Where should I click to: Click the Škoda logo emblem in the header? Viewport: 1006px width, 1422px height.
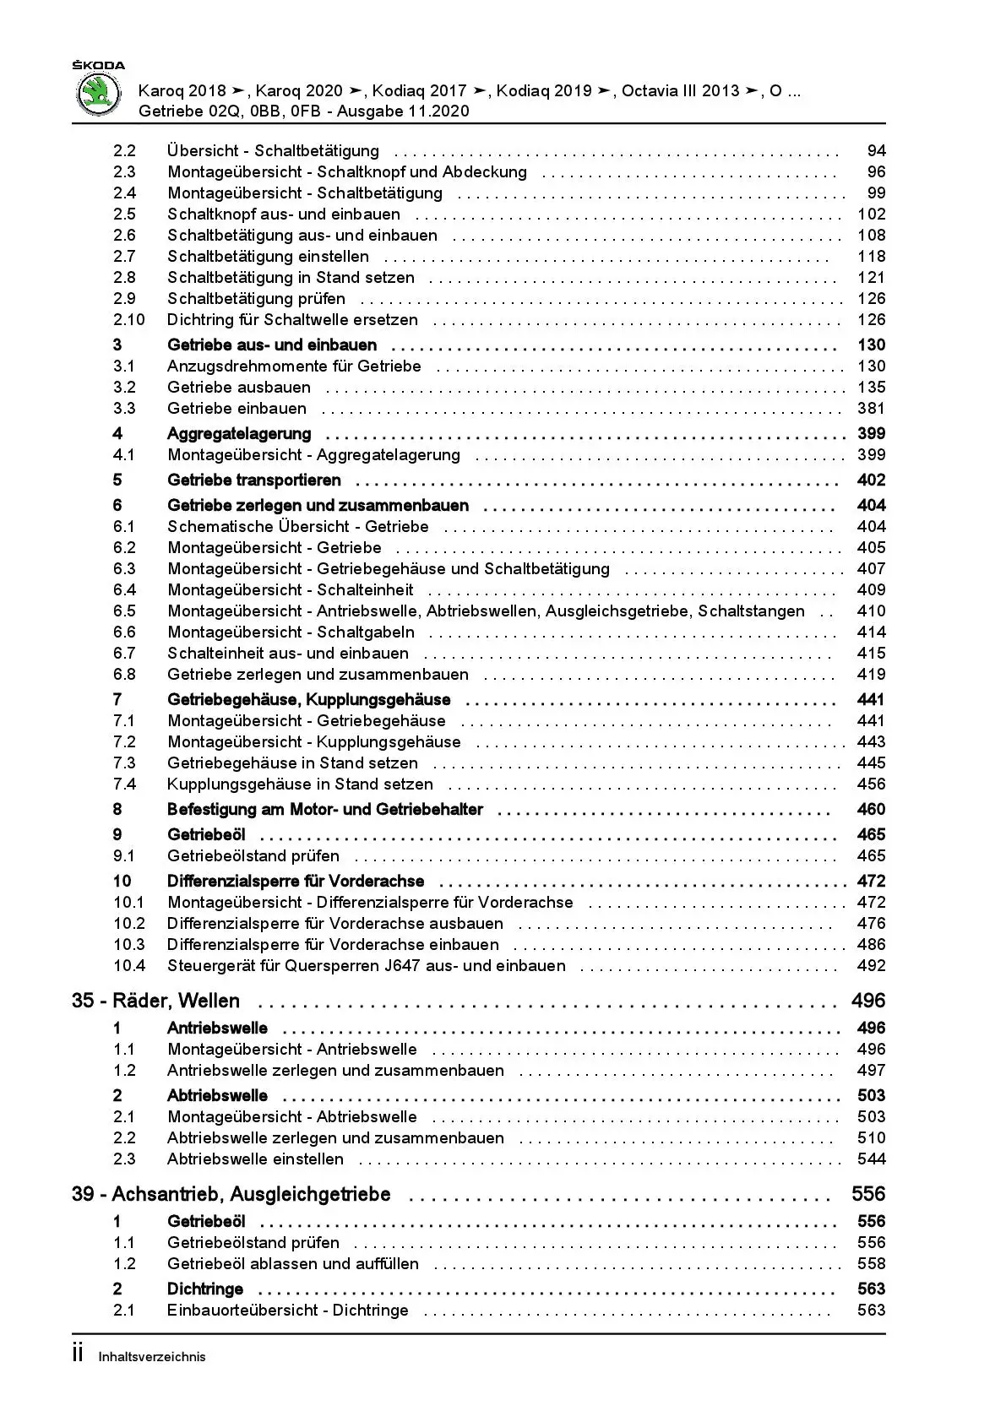[x=99, y=94]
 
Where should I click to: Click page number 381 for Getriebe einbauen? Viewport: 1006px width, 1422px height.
[x=871, y=409]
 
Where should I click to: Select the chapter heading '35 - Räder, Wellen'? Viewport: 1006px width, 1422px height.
[x=155, y=1001]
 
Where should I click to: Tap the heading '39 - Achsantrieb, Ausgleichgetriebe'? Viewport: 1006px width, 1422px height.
[x=231, y=1195]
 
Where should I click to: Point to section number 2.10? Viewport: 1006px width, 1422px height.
[x=129, y=320]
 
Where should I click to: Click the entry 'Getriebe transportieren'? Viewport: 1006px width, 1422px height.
[x=254, y=480]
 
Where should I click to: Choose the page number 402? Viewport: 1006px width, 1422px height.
[x=871, y=480]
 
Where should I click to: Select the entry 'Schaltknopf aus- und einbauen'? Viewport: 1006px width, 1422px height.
[x=284, y=214]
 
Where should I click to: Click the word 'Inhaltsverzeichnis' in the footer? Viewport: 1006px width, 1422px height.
[x=152, y=1357]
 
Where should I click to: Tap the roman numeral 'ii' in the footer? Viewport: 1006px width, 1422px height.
[x=79, y=1354]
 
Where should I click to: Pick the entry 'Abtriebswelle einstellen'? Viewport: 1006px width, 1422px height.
[x=255, y=1159]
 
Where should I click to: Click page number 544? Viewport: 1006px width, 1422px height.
[x=871, y=1159]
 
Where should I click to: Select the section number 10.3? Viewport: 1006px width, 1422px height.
[x=129, y=945]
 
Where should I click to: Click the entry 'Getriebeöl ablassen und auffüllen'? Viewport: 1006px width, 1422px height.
[x=293, y=1264]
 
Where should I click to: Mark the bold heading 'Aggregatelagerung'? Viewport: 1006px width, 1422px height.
[x=239, y=434]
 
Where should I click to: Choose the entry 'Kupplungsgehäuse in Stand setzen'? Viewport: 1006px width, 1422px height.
[x=300, y=784]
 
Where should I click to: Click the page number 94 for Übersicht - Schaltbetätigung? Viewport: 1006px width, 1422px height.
[x=876, y=151]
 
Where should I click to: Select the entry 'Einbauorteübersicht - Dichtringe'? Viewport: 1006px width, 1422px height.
[x=288, y=1311]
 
